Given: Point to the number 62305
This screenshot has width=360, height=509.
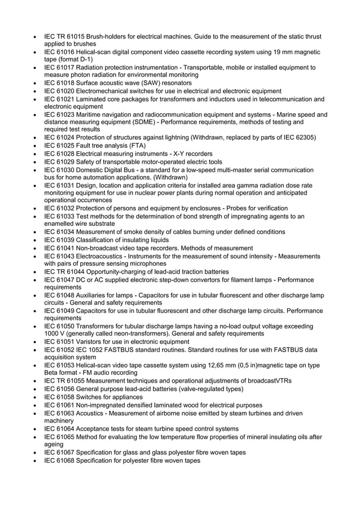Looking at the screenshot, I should tap(305, 138).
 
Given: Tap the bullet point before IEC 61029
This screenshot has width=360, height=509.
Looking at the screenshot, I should tap(36, 161).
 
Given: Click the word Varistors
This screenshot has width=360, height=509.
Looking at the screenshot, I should tap(89, 341).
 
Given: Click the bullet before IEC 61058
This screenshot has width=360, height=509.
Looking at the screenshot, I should tap(36, 397).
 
